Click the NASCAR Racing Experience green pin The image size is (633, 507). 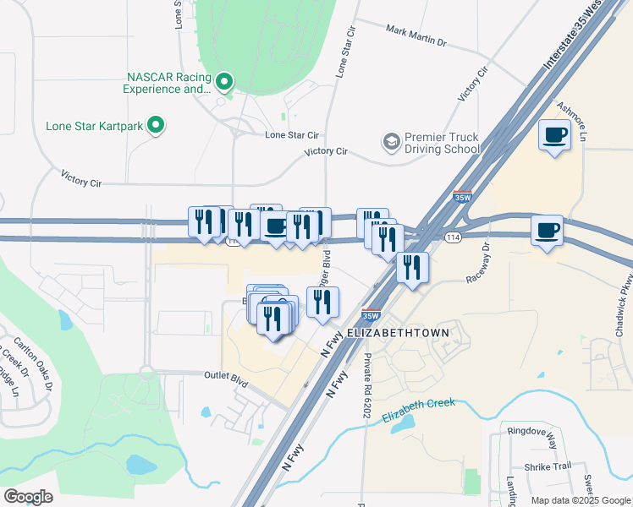click(x=224, y=82)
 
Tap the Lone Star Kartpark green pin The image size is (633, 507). click(x=155, y=126)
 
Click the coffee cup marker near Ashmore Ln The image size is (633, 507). click(x=555, y=135)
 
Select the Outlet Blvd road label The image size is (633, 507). click(x=226, y=379)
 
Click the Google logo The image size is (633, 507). click(x=28, y=497)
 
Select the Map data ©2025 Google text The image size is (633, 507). click(x=580, y=500)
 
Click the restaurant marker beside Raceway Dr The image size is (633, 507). click(x=412, y=269)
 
